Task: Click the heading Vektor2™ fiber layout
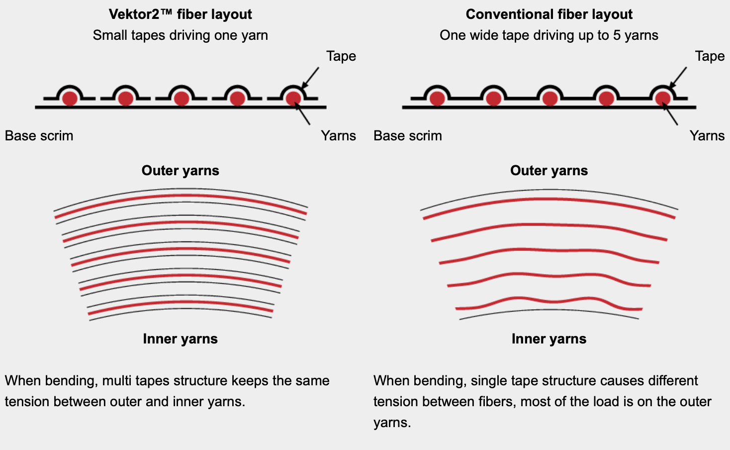[x=180, y=14]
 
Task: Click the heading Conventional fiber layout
[x=549, y=14]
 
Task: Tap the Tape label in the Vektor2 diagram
[x=341, y=56]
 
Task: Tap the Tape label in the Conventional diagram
[x=710, y=56]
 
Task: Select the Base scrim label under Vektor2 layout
[x=39, y=135]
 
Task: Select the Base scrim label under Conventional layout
[x=408, y=135]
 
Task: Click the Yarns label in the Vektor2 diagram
[x=338, y=135]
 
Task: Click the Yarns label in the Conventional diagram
[x=707, y=135]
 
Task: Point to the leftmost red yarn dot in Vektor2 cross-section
[x=70, y=98]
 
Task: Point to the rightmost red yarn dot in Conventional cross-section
[x=662, y=98]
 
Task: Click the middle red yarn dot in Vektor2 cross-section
[x=182, y=98]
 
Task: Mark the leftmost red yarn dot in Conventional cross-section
[x=437, y=98]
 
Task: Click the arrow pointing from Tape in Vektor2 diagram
[x=310, y=77]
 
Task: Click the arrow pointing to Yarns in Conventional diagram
[x=671, y=114]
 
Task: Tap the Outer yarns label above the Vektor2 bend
[x=180, y=170]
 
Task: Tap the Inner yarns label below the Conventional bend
[x=549, y=338]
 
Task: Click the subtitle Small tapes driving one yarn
[x=180, y=35]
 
